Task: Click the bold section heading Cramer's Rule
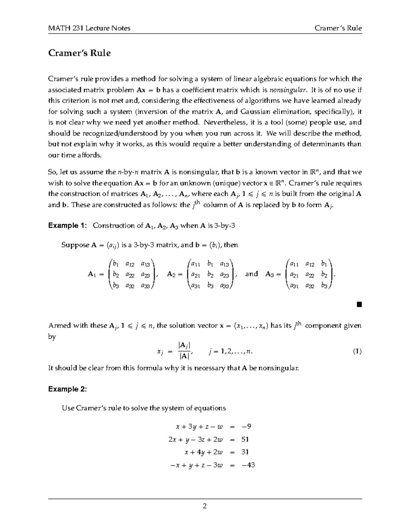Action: tap(79, 53)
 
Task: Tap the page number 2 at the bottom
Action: tap(205, 506)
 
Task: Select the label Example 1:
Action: tap(68, 226)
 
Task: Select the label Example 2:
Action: tap(68, 389)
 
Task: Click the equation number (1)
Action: tap(357, 351)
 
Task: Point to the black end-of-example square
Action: tap(358, 304)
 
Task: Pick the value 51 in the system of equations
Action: tap(245, 439)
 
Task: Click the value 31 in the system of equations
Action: tap(245, 452)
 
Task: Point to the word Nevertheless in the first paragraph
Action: tap(222, 122)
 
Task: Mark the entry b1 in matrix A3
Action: tap(324, 264)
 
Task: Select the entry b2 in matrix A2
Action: tap(210, 275)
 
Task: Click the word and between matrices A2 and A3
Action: tap(251, 274)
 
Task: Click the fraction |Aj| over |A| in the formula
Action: tap(184, 351)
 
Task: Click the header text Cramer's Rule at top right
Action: tap(338, 28)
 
